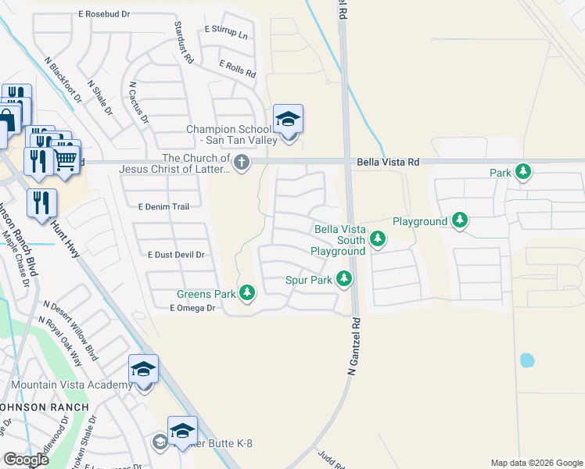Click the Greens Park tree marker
click(x=247, y=293)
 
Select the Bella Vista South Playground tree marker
click(x=378, y=238)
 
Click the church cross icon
click(x=242, y=163)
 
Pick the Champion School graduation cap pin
click(x=288, y=121)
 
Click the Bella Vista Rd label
click(x=388, y=162)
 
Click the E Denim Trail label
click(x=163, y=206)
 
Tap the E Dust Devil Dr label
click(x=176, y=255)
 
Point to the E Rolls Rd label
click(x=238, y=69)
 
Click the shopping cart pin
click(x=66, y=158)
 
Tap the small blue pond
click(x=527, y=360)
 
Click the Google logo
click(x=26, y=460)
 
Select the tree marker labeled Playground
click(x=461, y=221)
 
